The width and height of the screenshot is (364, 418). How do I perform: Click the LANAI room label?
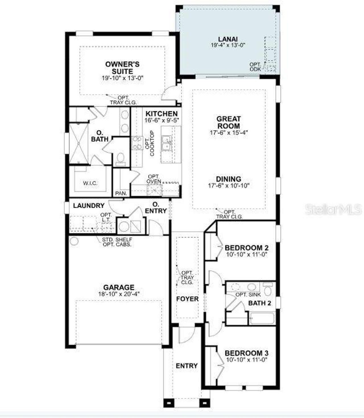228,39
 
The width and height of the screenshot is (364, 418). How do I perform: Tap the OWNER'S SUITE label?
122,68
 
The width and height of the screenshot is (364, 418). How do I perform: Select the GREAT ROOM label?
228,122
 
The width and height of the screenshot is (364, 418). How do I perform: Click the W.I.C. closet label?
90,183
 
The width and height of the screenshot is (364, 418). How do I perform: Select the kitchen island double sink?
166,143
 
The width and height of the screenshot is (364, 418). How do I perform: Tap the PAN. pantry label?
121,193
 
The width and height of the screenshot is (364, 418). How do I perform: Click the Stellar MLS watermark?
333,209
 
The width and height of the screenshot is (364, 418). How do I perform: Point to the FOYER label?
187,299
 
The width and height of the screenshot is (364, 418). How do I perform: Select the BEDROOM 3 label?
247,353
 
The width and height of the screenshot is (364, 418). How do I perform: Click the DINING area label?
229,179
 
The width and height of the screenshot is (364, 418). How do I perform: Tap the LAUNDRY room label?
89,205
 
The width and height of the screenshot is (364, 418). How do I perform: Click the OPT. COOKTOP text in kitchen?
150,143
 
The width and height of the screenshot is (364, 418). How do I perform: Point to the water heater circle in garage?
74,241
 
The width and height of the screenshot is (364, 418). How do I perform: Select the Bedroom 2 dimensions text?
247,254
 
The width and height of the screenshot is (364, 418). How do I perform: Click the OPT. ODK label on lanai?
255,67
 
